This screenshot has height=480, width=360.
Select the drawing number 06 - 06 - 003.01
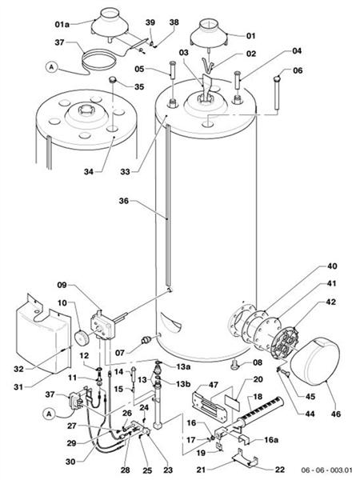pos(326,467)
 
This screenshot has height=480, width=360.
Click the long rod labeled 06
pos(274,104)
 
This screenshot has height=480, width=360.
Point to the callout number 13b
pos(184,382)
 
